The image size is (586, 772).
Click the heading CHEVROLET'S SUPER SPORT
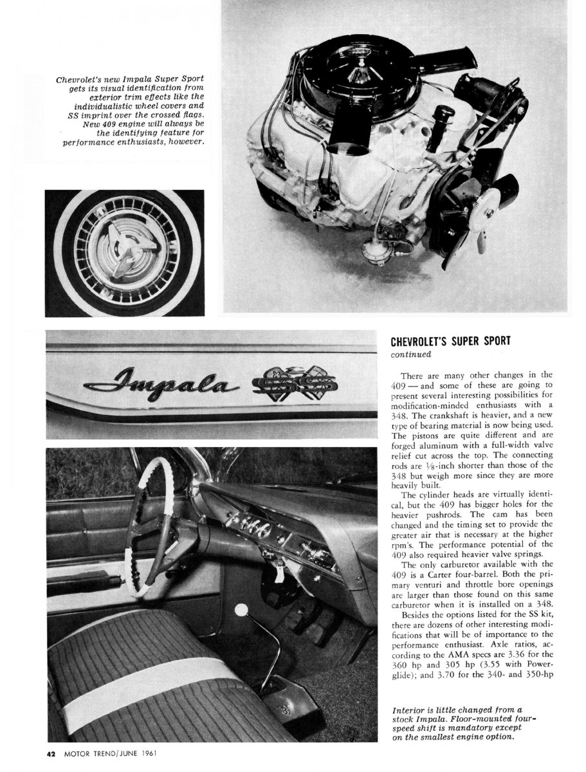pos(451,341)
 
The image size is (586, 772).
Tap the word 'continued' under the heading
pos(412,353)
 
